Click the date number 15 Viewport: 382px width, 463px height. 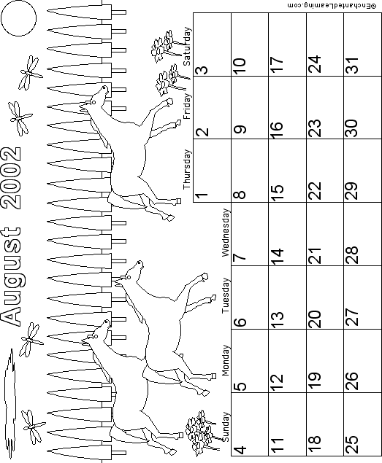(278, 192)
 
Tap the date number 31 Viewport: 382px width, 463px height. (352, 65)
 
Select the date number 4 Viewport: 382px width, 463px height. (240, 450)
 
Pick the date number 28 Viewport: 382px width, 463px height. (352, 254)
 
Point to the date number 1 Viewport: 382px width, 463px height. (202, 195)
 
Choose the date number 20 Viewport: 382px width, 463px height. (315, 319)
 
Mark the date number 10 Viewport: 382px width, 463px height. (240, 66)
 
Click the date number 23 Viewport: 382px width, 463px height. (315, 128)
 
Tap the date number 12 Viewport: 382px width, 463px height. (278, 382)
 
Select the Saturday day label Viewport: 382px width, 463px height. (187, 47)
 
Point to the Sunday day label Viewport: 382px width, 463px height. (226, 427)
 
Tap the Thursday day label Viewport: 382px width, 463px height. (187, 169)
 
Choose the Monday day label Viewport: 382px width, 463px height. (226, 360)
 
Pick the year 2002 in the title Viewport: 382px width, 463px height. (11, 178)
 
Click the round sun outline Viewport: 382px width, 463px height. (19, 18)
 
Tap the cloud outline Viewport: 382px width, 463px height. (10, 402)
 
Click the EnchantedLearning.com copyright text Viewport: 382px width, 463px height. (332, 5)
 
